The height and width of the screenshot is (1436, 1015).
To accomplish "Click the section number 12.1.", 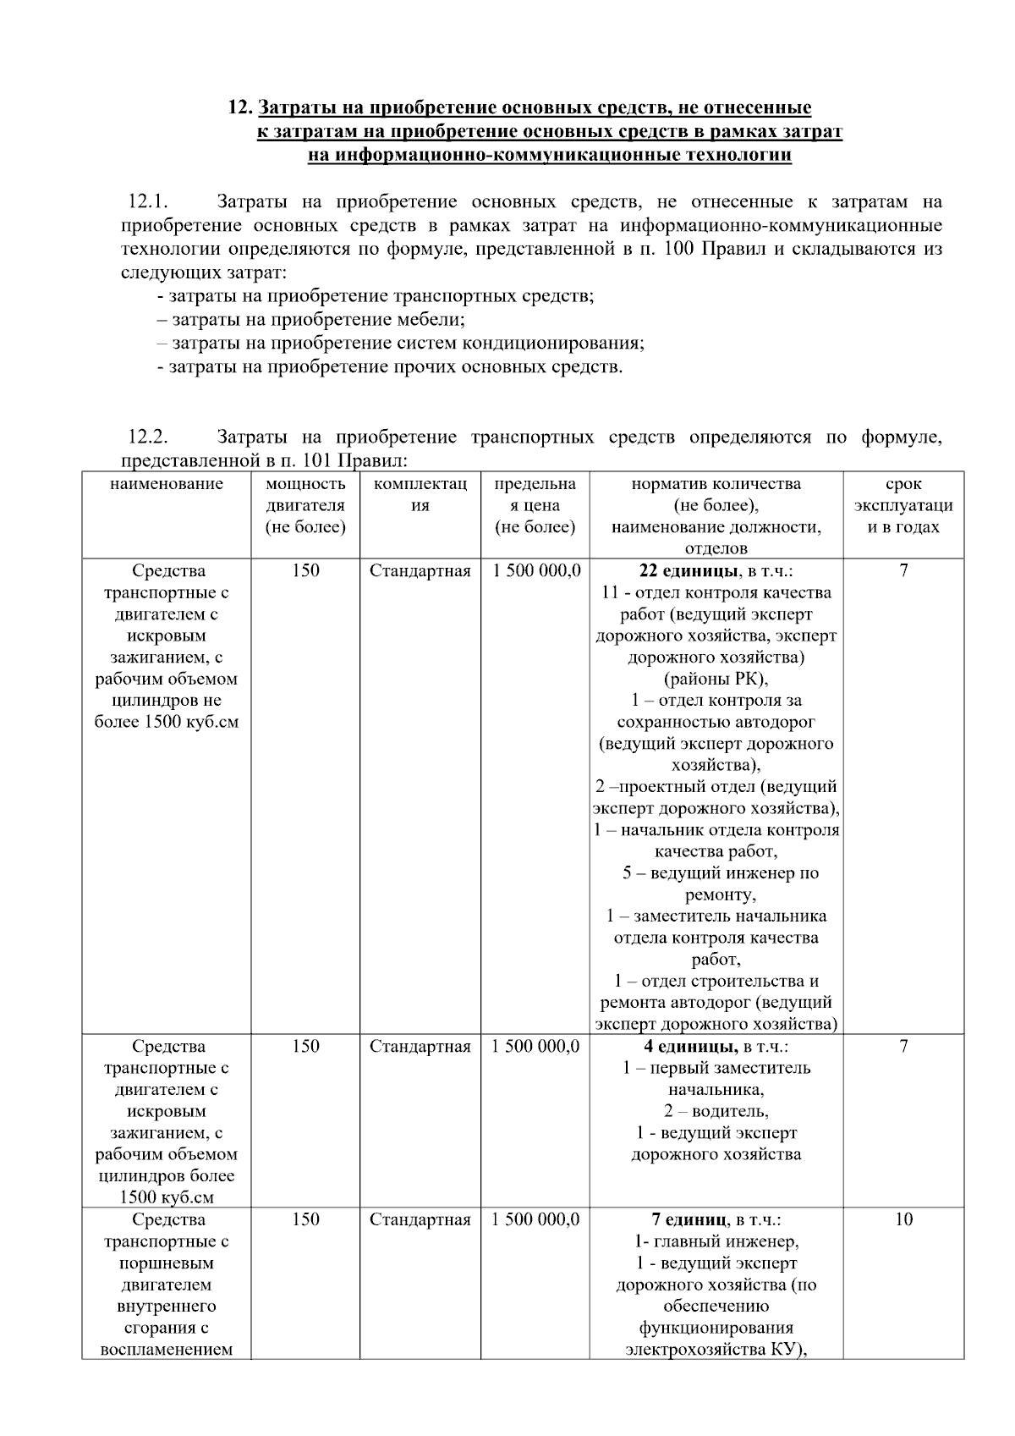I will [148, 202].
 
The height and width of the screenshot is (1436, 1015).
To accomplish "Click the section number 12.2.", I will [148, 437].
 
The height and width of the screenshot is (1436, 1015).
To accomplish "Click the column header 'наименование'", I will [167, 484].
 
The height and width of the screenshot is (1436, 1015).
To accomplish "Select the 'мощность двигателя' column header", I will [305, 505].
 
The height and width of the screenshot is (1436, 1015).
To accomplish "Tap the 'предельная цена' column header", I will [535, 505].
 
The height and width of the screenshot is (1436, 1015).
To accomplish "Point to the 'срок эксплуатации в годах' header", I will [903, 505].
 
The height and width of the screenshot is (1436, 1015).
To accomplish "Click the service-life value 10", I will [903, 1219].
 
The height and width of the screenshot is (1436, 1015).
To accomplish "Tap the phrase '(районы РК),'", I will [716, 679].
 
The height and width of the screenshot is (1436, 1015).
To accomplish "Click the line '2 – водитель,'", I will [716, 1111].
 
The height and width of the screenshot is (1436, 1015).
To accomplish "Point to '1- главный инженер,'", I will [716, 1241].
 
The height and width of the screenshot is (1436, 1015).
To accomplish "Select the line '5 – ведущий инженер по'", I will [721, 873].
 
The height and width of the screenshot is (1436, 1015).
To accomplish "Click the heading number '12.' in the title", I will [240, 108].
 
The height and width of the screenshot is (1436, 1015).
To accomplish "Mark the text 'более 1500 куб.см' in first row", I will [167, 722].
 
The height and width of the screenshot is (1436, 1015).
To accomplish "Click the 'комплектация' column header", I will [420, 494].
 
